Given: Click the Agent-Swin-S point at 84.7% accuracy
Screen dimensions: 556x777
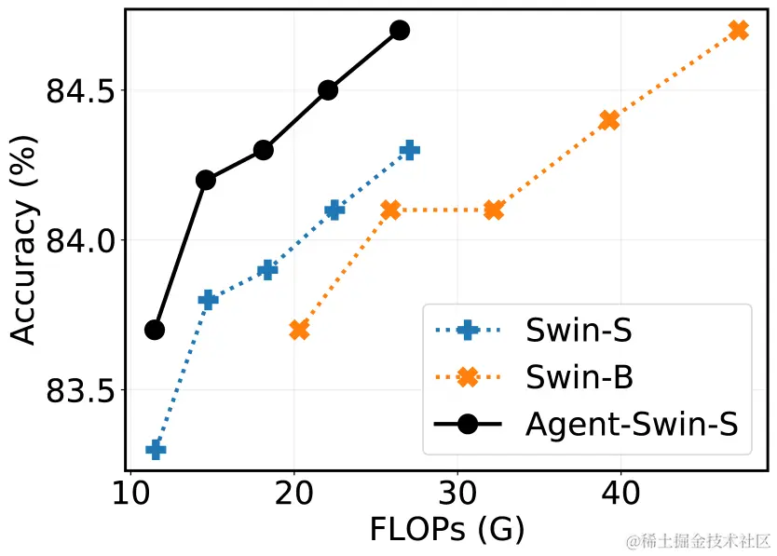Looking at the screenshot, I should click(x=400, y=30).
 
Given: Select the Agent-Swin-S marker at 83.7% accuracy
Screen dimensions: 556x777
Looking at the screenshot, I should click(x=155, y=330).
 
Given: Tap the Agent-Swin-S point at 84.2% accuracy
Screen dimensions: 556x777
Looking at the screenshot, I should click(x=206, y=180).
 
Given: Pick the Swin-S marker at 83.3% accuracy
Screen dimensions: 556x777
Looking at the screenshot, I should click(x=156, y=450).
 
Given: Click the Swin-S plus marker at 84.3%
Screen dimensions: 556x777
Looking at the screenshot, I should click(x=409, y=150).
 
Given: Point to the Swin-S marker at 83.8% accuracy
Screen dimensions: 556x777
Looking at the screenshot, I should click(x=208, y=299).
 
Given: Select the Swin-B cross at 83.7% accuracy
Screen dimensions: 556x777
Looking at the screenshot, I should click(x=299, y=330).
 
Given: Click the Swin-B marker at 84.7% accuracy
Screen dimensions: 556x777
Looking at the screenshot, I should click(x=739, y=30).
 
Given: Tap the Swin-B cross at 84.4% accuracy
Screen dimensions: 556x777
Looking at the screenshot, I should click(x=609, y=120).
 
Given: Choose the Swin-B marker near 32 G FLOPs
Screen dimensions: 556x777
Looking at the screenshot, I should click(x=494, y=210).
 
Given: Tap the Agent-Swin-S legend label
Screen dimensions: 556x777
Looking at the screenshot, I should click(x=632, y=425).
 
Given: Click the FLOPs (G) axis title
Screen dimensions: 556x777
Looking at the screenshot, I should click(x=446, y=530).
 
